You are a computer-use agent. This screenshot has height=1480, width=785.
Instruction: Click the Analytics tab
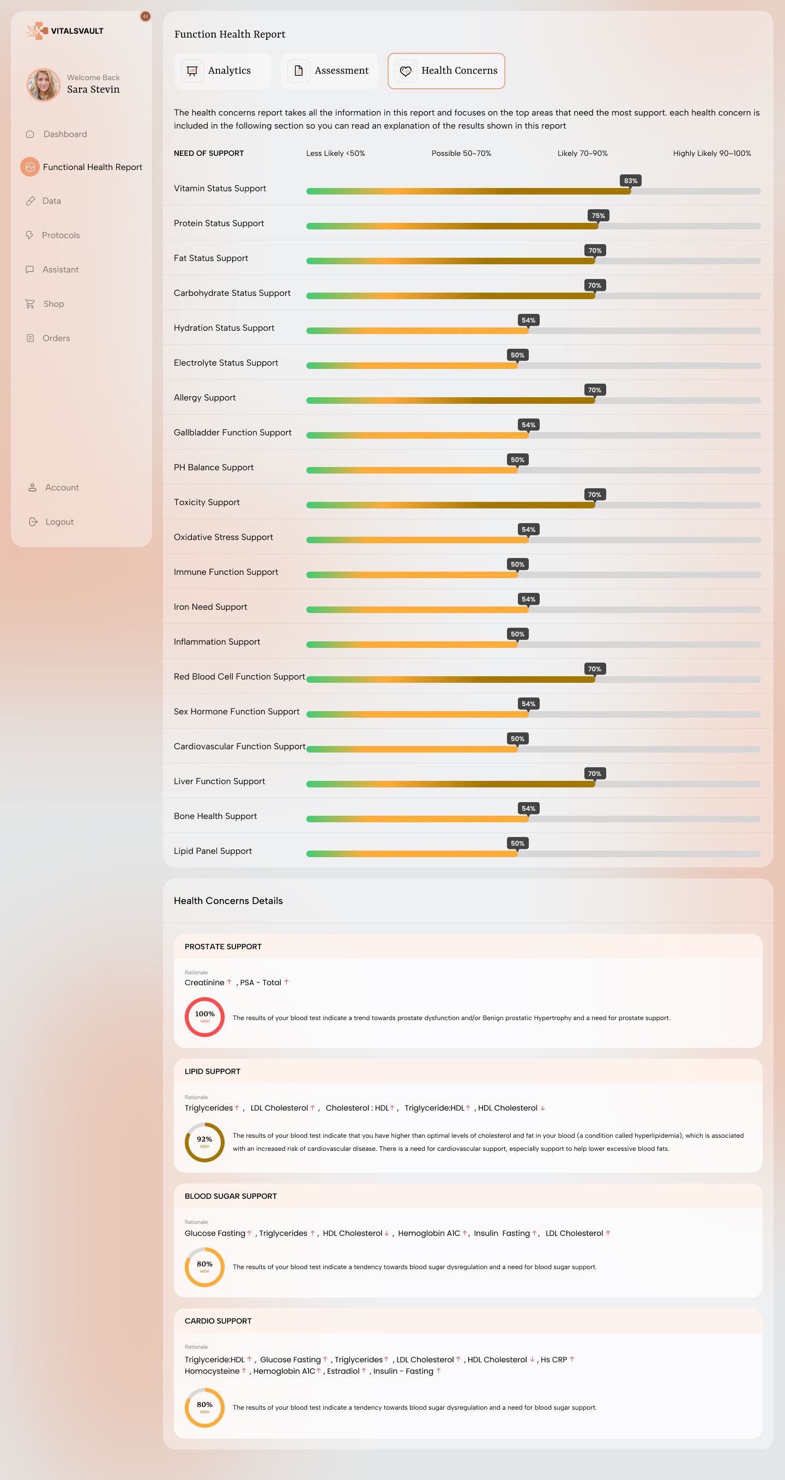pyautogui.click(x=222, y=71)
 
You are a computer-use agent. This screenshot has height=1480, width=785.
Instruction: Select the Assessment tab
pyautogui.click(x=329, y=71)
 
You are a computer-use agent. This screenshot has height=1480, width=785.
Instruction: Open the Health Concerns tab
pyautogui.click(x=446, y=71)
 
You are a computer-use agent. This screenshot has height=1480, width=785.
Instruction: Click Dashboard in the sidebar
pyautogui.click(x=65, y=134)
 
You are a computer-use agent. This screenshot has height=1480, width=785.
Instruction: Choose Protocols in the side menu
pyautogui.click(x=61, y=235)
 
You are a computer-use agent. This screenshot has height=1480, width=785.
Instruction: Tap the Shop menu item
pyautogui.click(x=53, y=304)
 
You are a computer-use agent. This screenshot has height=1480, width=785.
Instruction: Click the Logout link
pyautogui.click(x=59, y=521)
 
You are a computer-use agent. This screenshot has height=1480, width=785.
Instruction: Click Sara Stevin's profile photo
pyautogui.click(x=44, y=84)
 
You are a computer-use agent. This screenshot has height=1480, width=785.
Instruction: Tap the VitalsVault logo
pyautogui.click(x=65, y=31)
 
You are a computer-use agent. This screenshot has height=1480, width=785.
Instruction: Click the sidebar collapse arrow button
pyautogui.click(x=146, y=17)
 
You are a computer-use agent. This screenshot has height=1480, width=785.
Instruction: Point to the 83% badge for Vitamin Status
pyautogui.click(x=630, y=180)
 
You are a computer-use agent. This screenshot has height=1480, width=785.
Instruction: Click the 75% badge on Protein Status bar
pyautogui.click(x=598, y=215)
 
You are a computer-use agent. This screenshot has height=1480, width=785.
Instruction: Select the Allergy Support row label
pyautogui.click(x=204, y=398)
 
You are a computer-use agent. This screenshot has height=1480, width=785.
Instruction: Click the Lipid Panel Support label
pyautogui.click(x=213, y=851)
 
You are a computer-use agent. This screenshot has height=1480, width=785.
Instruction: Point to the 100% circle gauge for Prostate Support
pyautogui.click(x=204, y=1016)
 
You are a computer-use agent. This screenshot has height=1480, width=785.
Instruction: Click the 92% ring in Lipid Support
pyautogui.click(x=204, y=1142)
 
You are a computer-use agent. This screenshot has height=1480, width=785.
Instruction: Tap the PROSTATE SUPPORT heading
pyautogui.click(x=223, y=947)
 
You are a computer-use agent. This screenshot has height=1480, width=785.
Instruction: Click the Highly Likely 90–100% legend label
pyautogui.click(x=711, y=154)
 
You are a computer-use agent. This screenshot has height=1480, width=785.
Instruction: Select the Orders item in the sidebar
pyautogui.click(x=56, y=338)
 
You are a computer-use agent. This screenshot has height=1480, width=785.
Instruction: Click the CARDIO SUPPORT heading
pyautogui.click(x=218, y=1321)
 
